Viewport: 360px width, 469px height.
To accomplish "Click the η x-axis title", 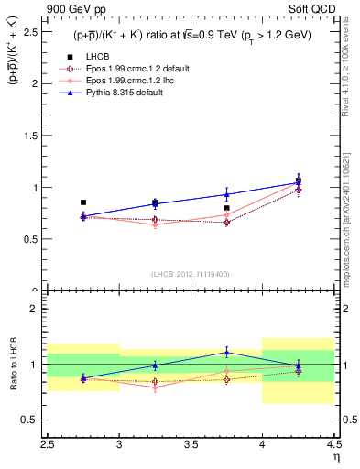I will (x=336, y=456).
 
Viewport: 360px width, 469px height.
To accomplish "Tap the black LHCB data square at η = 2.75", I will (x=83, y=202).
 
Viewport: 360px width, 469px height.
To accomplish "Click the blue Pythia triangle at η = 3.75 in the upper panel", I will (x=226, y=194).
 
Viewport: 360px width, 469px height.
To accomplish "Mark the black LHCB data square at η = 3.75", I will (x=226, y=208).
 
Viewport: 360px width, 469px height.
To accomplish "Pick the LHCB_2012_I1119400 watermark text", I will (x=191, y=274).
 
